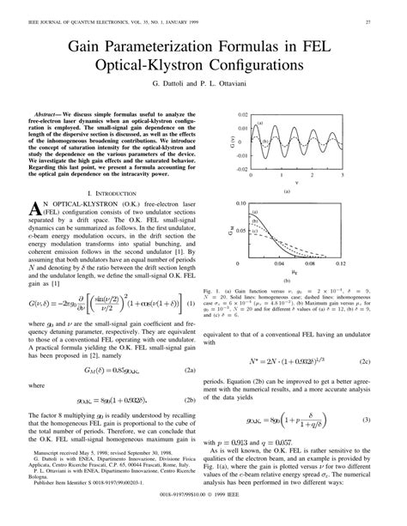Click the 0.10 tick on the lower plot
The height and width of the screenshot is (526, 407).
point(243,203)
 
